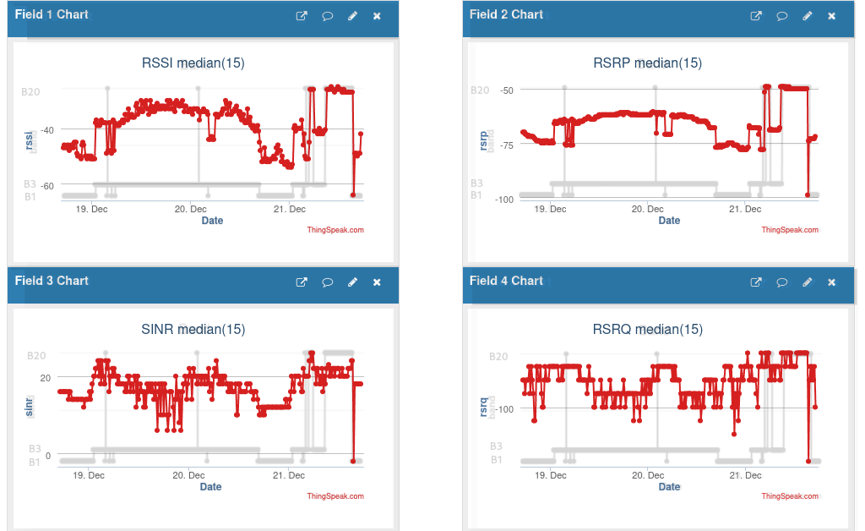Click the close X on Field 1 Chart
point(377,16)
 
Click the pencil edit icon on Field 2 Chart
point(807,16)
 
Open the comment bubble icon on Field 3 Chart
point(327,282)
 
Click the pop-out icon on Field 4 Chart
point(757,282)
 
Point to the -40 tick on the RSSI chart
point(46,129)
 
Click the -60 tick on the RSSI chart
point(46,185)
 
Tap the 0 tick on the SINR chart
point(47,456)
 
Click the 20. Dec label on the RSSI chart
point(191,209)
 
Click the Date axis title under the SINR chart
point(211,487)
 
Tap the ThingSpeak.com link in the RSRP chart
point(790,230)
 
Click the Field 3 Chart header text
point(52,281)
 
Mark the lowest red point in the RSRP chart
point(808,195)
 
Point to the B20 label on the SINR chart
point(36,356)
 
